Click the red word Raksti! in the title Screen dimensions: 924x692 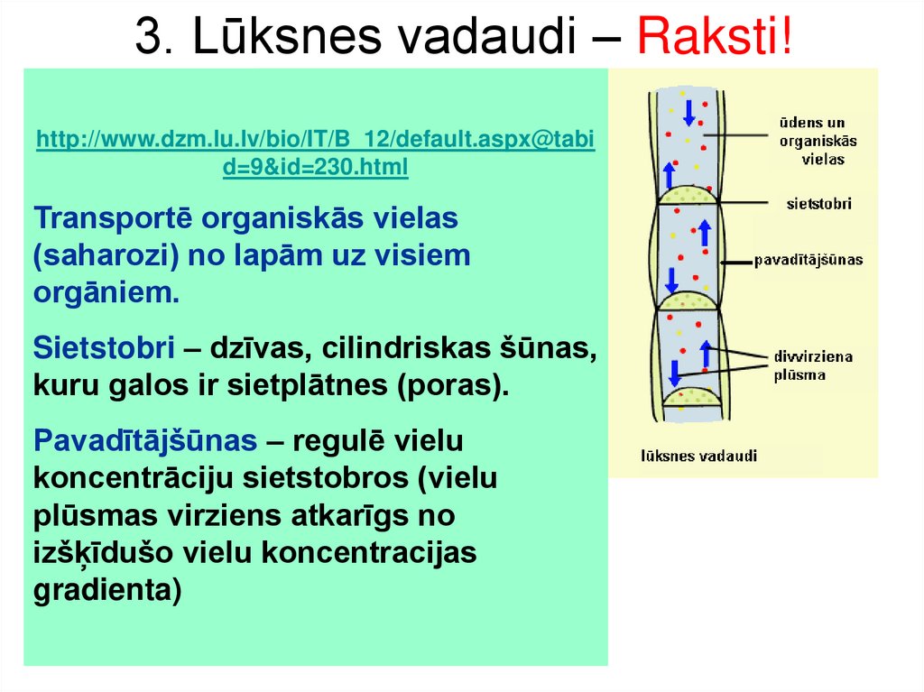coord(716,38)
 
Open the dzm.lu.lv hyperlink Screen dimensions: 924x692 coord(315,153)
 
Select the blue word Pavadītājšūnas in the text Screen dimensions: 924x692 coord(144,441)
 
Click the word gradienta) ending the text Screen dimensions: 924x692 coord(107,590)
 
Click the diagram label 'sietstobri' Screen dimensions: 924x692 coord(818,204)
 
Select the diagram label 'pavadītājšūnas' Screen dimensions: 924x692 coord(808,260)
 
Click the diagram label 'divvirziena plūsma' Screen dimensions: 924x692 coord(812,365)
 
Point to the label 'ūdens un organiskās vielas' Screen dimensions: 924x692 coord(818,140)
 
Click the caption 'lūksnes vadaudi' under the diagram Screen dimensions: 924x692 coord(698,456)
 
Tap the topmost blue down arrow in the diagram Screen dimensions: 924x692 coord(688,113)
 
